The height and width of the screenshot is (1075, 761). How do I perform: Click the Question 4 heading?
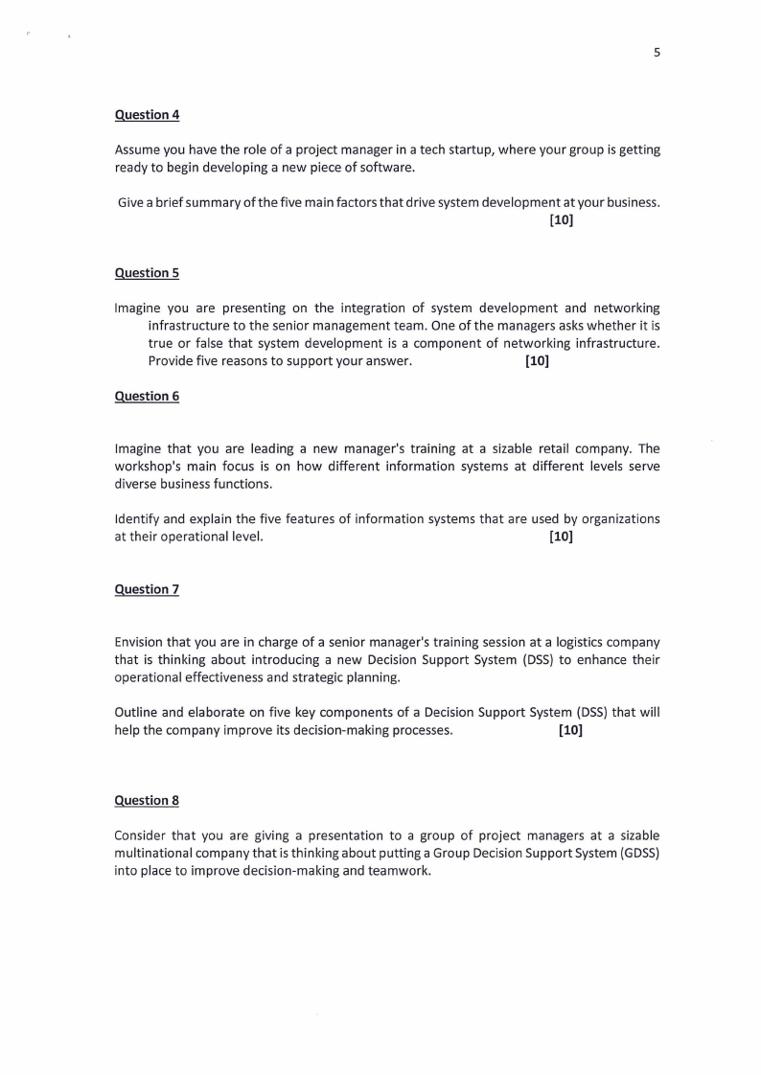147,115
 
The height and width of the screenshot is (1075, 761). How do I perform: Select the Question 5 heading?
147,273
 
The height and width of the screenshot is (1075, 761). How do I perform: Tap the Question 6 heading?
147,396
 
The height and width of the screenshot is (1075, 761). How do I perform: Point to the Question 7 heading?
147,589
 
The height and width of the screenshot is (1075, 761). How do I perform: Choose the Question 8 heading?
147,800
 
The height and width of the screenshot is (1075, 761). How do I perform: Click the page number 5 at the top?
657,54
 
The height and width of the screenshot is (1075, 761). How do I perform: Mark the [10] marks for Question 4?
561,221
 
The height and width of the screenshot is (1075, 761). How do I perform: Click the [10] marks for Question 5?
537,361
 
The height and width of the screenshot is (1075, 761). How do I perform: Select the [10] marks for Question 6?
561,537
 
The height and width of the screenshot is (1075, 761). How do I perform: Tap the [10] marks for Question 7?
570,730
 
